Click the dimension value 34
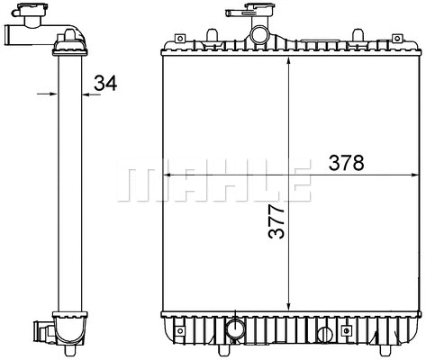pos(105,85)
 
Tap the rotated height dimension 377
pos(276,220)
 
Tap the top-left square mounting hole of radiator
pos(179,40)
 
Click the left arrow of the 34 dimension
pos(51,91)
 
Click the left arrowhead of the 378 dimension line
pos(167,173)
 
